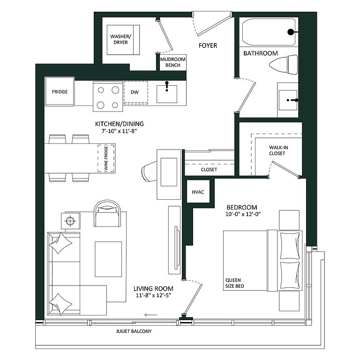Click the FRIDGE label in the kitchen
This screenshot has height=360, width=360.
point(60,92)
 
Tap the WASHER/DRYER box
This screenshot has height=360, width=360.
point(123,40)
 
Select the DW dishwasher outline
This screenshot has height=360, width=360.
point(135,92)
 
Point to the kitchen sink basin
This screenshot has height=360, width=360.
point(167,94)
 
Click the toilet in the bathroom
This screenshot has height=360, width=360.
point(284,65)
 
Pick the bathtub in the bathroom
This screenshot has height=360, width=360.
point(269,32)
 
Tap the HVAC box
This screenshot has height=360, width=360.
point(198,191)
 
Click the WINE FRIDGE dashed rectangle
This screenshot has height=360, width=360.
point(106,158)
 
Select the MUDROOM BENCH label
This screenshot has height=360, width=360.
point(173,62)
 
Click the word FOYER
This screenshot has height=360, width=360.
point(208,45)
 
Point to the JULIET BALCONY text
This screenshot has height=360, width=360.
point(134,331)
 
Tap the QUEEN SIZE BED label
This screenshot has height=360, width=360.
point(235,283)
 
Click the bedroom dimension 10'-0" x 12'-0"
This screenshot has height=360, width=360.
point(243,214)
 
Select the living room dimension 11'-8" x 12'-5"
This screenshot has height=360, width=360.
point(154,295)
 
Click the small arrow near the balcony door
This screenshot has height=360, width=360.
point(151,315)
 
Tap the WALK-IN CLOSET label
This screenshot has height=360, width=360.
point(278,150)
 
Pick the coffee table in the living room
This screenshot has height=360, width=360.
point(108,259)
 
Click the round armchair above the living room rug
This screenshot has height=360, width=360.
point(107,213)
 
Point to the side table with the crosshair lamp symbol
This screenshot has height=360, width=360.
point(71,221)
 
